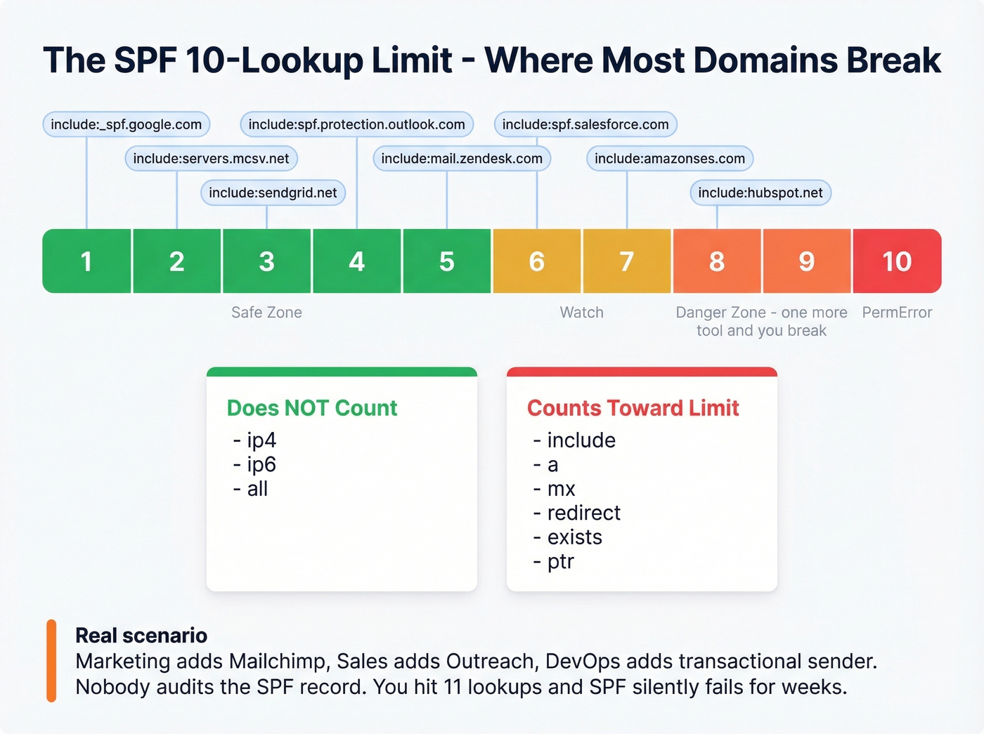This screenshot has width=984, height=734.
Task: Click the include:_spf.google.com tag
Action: [x=127, y=124]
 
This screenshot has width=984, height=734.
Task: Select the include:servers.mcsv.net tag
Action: [x=211, y=159]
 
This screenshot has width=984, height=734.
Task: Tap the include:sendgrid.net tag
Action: [x=273, y=192]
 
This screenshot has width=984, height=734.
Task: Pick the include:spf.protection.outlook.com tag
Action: [x=356, y=124]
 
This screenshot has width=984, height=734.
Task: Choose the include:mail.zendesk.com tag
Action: [x=462, y=159]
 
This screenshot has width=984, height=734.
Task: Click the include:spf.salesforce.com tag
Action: [x=585, y=124]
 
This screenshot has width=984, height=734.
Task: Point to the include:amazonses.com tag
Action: [x=670, y=159]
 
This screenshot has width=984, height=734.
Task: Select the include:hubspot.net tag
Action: [x=760, y=192]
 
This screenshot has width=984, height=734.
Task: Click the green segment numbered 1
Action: [x=86, y=261]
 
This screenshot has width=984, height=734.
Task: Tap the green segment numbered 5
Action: [x=447, y=261]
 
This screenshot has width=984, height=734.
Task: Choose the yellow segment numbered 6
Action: [x=537, y=261]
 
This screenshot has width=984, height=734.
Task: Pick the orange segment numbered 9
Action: [x=807, y=261]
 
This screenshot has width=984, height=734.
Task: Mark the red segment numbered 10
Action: [x=897, y=261]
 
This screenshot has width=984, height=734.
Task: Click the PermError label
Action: [x=897, y=313]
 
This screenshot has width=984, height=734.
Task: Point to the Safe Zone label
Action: [x=266, y=313]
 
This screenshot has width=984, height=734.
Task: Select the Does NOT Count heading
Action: [x=312, y=408]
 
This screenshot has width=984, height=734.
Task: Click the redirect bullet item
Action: [x=583, y=513]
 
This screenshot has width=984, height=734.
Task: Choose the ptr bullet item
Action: [x=560, y=561]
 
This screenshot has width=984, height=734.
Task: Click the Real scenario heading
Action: [x=141, y=636]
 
